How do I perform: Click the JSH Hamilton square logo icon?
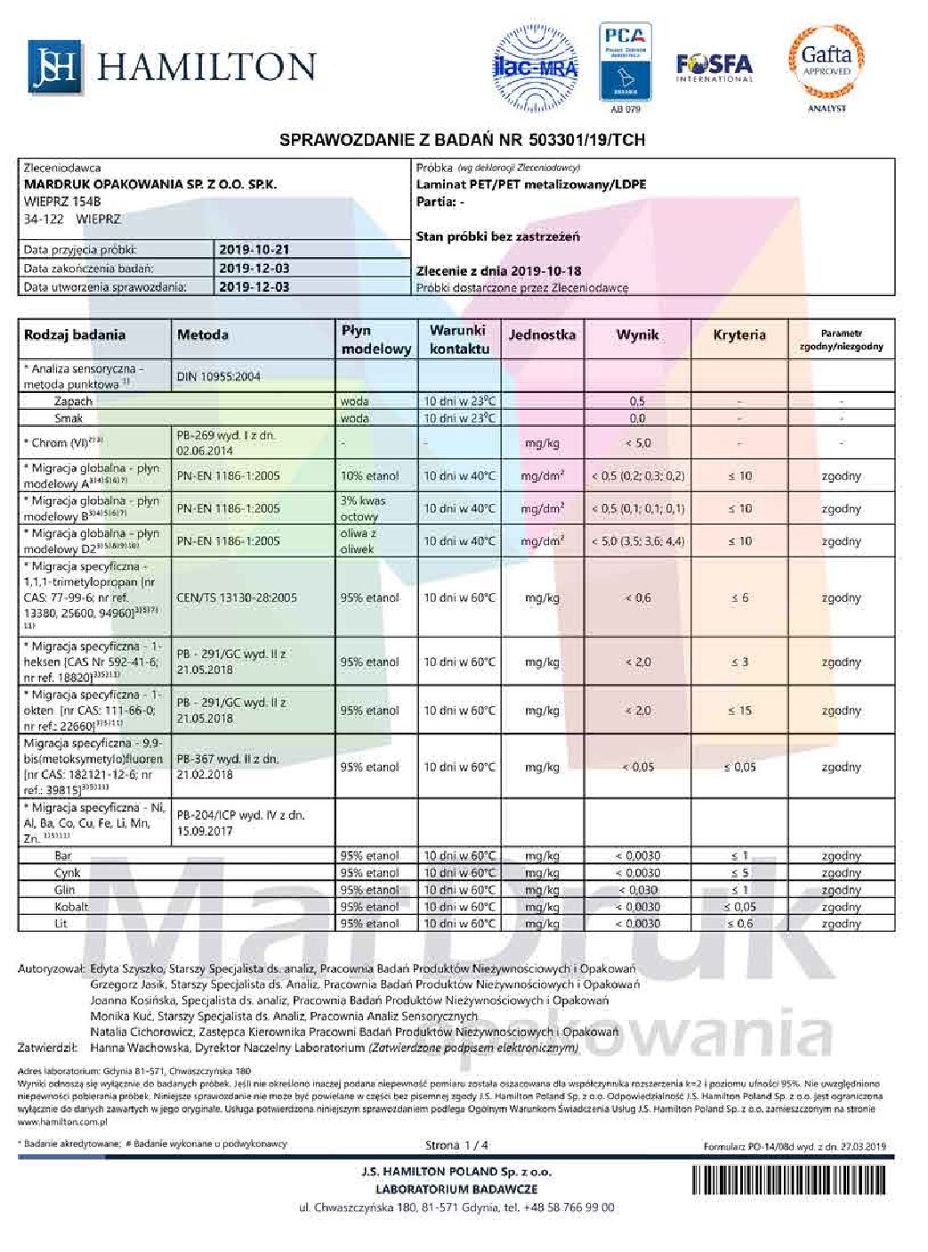pyautogui.click(x=54, y=67)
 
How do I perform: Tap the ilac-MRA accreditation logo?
pyautogui.click(x=535, y=65)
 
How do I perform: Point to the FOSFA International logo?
pyautogui.click(x=714, y=67)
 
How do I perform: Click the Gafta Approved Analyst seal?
pyautogui.click(x=827, y=64)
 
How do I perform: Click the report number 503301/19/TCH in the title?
pyautogui.click(x=587, y=140)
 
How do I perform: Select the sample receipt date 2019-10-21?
pyautogui.click(x=254, y=250)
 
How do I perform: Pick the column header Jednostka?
pyautogui.click(x=541, y=335)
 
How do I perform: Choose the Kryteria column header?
pyautogui.click(x=738, y=335)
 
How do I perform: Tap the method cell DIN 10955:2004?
pyautogui.click(x=218, y=376)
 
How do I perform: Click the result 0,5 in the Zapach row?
pyautogui.click(x=637, y=401)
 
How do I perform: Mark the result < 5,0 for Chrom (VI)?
pyautogui.click(x=637, y=442)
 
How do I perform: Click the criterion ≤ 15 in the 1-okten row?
pyautogui.click(x=739, y=710)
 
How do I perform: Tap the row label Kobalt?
pyautogui.click(x=71, y=907)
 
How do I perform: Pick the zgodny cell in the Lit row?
pyautogui.click(x=841, y=924)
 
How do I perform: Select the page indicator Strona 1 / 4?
pyautogui.click(x=456, y=1145)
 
